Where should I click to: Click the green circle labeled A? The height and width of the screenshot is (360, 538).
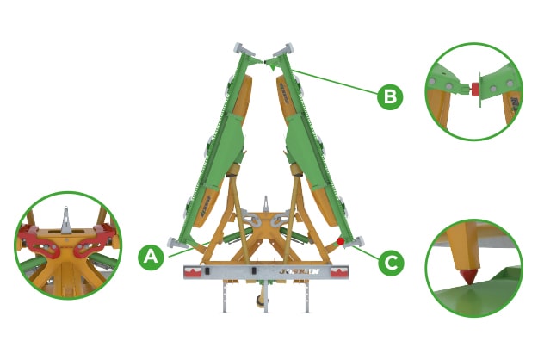[x=151, y=256]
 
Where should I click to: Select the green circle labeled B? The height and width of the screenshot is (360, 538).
[x=390, y=96]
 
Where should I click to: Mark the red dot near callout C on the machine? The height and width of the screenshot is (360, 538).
[x=341, y=242]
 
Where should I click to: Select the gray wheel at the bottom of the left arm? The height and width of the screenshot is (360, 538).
[x=176, y=244]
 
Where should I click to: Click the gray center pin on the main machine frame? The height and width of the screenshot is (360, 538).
[x=267, y=206]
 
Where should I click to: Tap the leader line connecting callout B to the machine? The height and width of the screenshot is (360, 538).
[x=336, y=77]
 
